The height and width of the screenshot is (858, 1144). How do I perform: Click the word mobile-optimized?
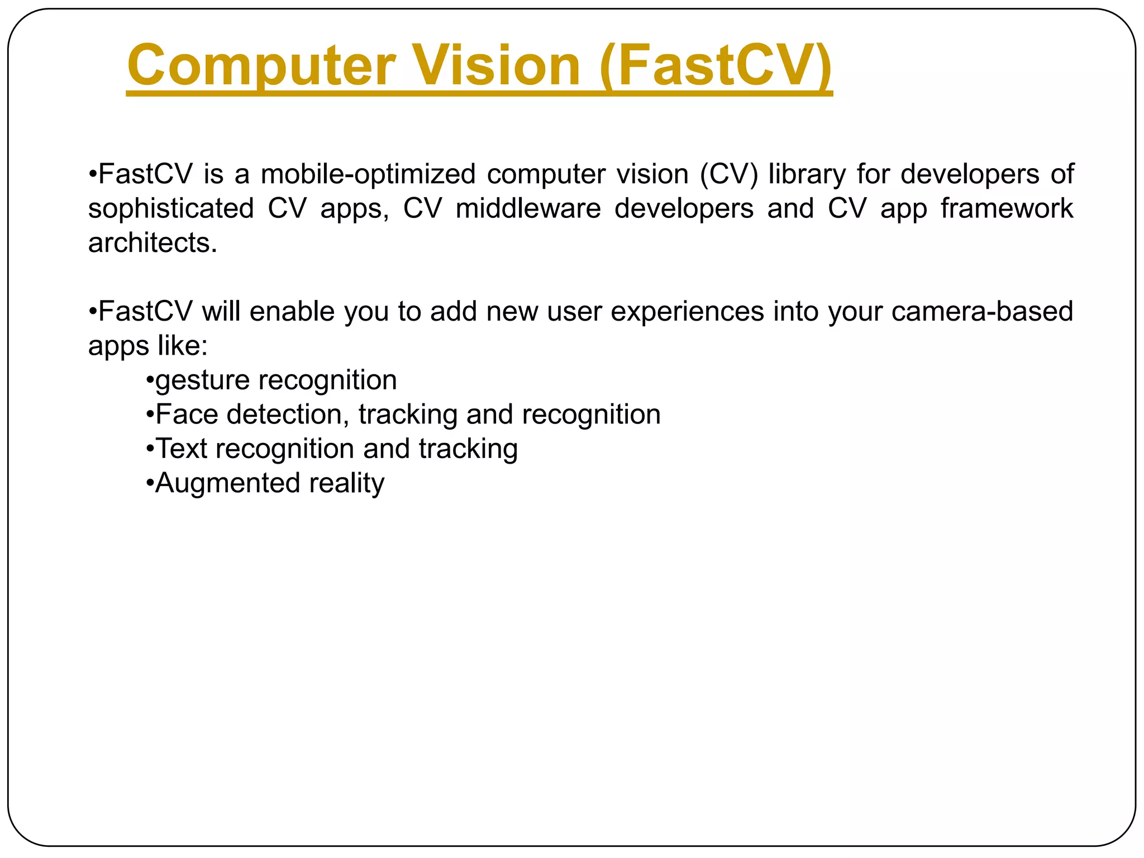[368, 174]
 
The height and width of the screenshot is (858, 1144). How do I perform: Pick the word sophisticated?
[171, 208]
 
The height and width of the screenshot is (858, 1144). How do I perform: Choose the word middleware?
[528, 208]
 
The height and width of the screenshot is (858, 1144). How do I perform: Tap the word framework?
[1007, 208]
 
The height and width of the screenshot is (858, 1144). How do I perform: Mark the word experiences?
[687, 311]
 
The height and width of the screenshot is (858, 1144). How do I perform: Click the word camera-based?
[982, 311]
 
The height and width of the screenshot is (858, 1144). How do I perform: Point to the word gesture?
[203, 381]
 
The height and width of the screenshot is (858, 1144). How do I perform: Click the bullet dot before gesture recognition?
[149, 381]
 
